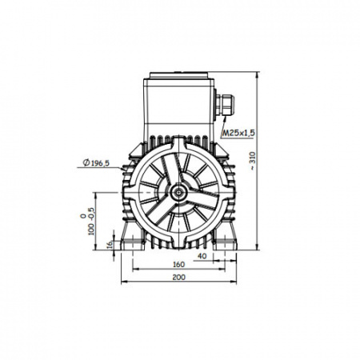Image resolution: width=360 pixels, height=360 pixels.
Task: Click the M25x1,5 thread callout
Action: (238, 133)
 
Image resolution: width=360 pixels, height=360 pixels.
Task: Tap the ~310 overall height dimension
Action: (253, 162)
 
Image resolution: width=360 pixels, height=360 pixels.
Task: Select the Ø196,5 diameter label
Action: (96, 162)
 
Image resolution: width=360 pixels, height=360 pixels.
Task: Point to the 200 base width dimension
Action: (178, 278)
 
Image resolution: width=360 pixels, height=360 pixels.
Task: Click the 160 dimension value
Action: (178, 265)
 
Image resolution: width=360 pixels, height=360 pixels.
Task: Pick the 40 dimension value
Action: (202, 256)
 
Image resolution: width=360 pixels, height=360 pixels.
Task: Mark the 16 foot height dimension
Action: (110, 245)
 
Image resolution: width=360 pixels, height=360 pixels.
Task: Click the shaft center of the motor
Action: (178, 192)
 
